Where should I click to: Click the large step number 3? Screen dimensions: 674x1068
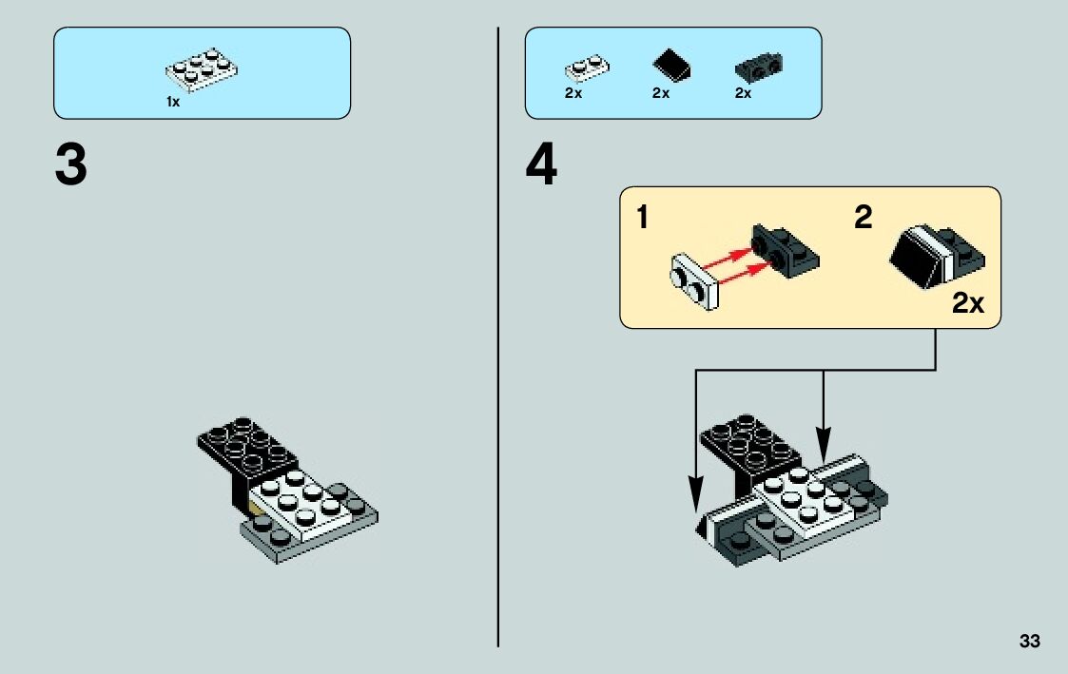click(71, 165)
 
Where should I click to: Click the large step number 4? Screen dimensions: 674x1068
click(541, 165)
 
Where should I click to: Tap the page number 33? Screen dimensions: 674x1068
click(1029, 641)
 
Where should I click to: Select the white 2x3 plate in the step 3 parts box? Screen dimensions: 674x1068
click(202, 71)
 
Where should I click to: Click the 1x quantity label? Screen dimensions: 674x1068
click(173, 101)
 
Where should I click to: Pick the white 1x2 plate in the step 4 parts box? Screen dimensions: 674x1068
click(587, 68)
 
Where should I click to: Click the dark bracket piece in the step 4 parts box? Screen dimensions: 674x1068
click(758, 67)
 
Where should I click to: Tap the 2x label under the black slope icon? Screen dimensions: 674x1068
click(661, 93)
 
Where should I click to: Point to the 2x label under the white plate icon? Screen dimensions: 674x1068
click(573, 93)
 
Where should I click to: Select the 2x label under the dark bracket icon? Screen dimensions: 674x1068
click(743, 93)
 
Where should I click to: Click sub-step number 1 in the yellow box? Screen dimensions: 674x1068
click(643, 219)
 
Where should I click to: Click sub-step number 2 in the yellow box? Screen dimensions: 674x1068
click(863, 219)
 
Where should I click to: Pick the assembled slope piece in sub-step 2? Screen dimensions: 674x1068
click(936, 254)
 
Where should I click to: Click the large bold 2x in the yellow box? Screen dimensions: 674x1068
click(968, 304)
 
